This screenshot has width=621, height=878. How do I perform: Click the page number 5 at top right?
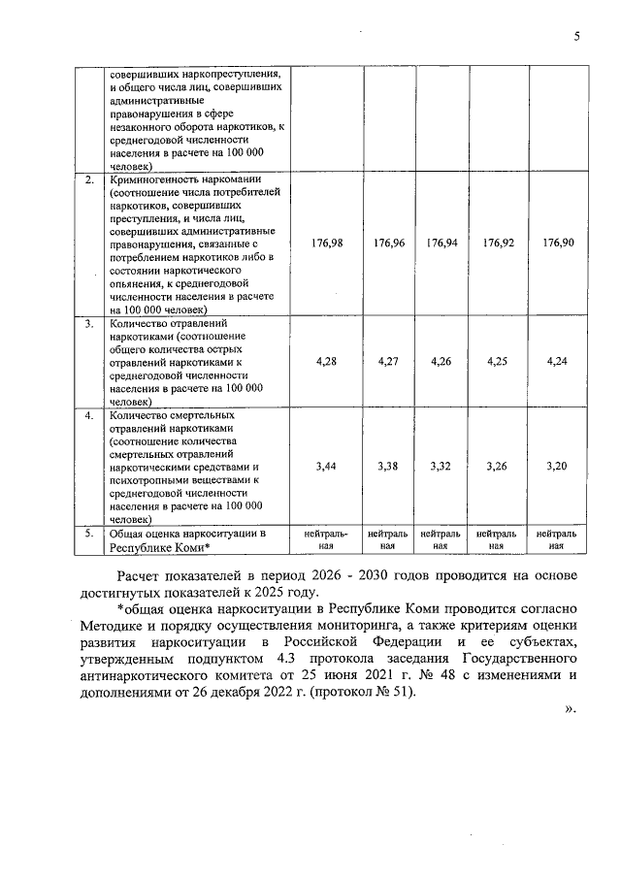tap(576, 37)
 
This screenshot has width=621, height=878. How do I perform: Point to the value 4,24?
tap(558, 361)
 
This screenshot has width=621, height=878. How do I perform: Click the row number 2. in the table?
tap(89, 180)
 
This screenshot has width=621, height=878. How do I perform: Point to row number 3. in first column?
tap(89, 322)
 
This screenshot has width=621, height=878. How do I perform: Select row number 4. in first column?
tap(89, 416)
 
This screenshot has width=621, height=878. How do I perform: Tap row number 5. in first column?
tap(89, 534)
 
